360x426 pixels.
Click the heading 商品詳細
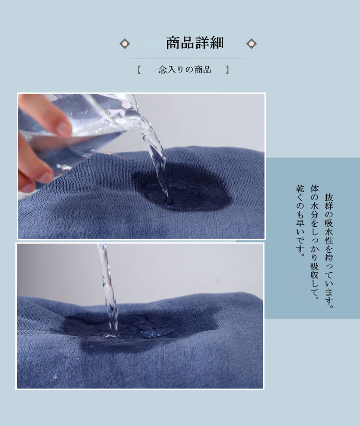point(195,43)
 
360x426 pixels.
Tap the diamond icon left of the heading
point(125,44)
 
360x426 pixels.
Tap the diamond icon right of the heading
point(252,44)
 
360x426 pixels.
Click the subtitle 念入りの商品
point(185,70)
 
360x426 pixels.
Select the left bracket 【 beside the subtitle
point(139,70)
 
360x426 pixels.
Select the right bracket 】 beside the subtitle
point(228,70)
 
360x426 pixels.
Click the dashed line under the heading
point(188,59)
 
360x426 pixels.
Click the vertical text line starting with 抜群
point(329,251)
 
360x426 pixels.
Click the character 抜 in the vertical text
point(329,198)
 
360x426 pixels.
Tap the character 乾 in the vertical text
point(300,189)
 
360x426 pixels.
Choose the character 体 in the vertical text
point(315,189)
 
